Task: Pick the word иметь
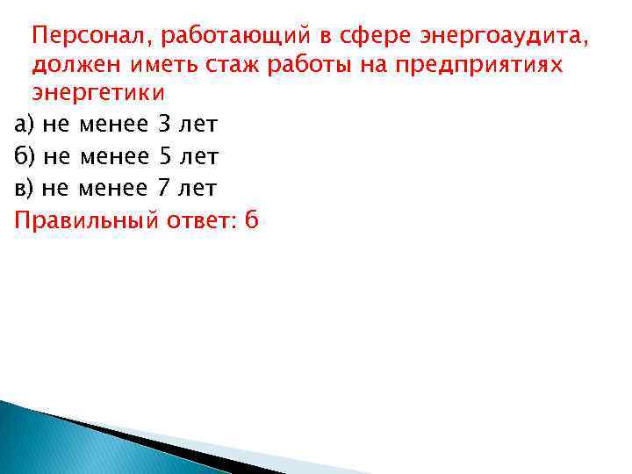pyautogui.click(x=159, y=65)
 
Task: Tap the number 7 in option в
pyautogui.click(x=163, y=188)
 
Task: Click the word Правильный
pyautogui.click(x=83, y=219)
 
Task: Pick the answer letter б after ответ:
pyautogui.click(x=253, y=219)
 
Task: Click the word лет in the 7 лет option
pyautogui.click(x=197, y=188)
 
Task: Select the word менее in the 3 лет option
pyautogui.click(x=112, y=126)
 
